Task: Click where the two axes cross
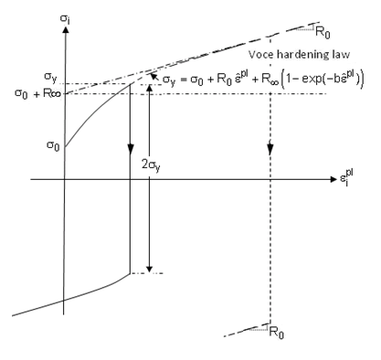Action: pos(65,179)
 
